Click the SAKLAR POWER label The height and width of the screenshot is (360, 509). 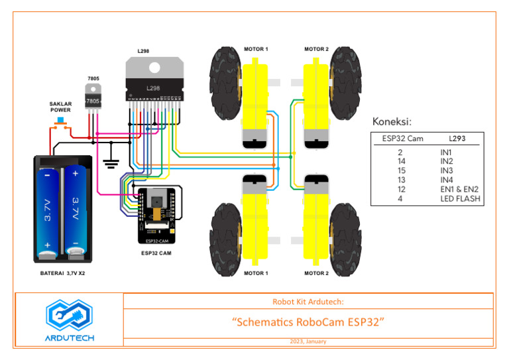60,107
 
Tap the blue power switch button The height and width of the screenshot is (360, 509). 61,121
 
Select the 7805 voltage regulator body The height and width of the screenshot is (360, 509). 93,100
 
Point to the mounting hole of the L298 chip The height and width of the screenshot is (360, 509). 154,66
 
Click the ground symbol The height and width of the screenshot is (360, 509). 110,161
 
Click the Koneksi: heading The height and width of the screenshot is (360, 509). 392,122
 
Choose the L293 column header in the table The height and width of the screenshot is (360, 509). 457,139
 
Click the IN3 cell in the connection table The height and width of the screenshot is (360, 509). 447,170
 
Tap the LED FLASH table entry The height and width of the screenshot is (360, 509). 460,198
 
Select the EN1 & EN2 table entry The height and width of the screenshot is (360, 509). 459,189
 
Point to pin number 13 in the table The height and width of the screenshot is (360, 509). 401,180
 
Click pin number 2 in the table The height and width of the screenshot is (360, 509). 401,152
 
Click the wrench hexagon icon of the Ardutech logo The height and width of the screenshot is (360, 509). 70,316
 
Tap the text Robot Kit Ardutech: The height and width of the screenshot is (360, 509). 308,302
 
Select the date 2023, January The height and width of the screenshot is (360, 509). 308,341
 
